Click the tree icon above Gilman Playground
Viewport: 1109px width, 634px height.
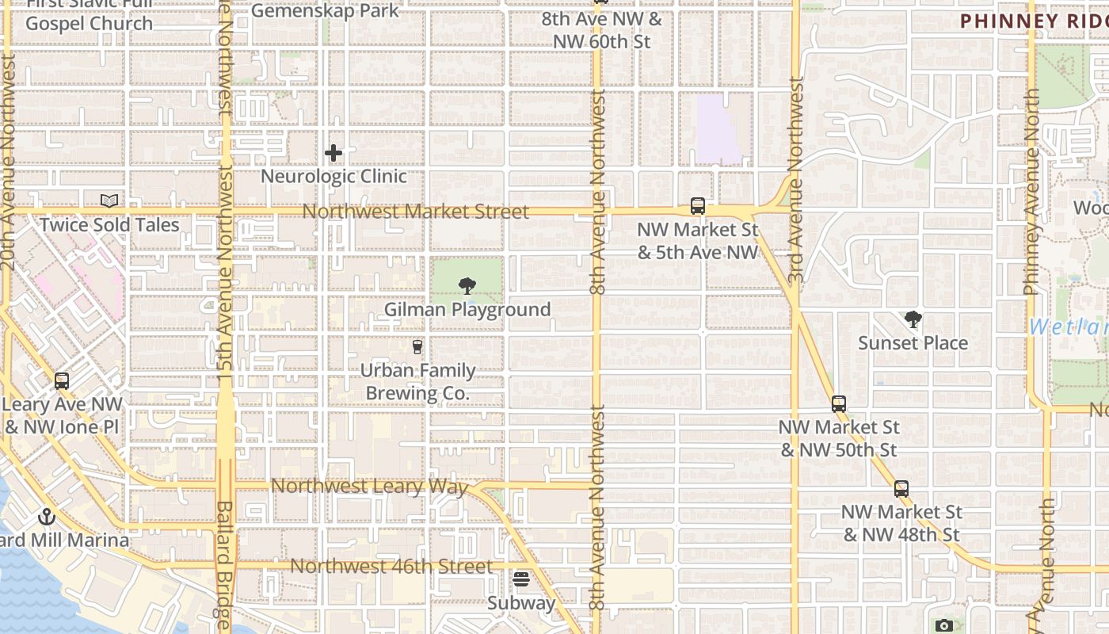(x=467, y=286)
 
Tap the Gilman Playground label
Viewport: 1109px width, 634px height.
(x=467, y=310)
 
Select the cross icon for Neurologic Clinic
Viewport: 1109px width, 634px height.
(x=333, y=152)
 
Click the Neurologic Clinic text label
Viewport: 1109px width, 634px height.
(x=333, y=176)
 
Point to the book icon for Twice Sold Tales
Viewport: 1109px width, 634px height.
(x=109, y=201)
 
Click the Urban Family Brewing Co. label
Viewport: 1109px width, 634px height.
(x=418, y=382)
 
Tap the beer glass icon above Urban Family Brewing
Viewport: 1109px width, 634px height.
(x=417, y=346)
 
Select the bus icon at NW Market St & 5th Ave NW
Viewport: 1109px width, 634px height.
(x=697, y=206)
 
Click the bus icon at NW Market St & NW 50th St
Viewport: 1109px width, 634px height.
(x=839, y=404)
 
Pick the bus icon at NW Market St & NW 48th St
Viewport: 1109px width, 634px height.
(x=901, y=489)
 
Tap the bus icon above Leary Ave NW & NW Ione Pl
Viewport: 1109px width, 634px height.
(x=62, y=381)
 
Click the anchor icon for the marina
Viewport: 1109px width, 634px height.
(x=47, y=517)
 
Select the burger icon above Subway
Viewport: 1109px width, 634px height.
(x=520, y=579)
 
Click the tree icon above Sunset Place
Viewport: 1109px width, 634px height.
(x=913, y=319)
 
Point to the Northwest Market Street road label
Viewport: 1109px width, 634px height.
(x=415, y=212)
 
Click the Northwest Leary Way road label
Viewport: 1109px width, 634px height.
(x=369, y=486)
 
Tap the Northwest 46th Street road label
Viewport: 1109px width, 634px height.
(x=391, y=566)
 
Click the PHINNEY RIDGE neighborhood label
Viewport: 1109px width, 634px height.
(x=1034, y=21)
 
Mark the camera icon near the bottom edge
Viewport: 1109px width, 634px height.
(x=943, y=626)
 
